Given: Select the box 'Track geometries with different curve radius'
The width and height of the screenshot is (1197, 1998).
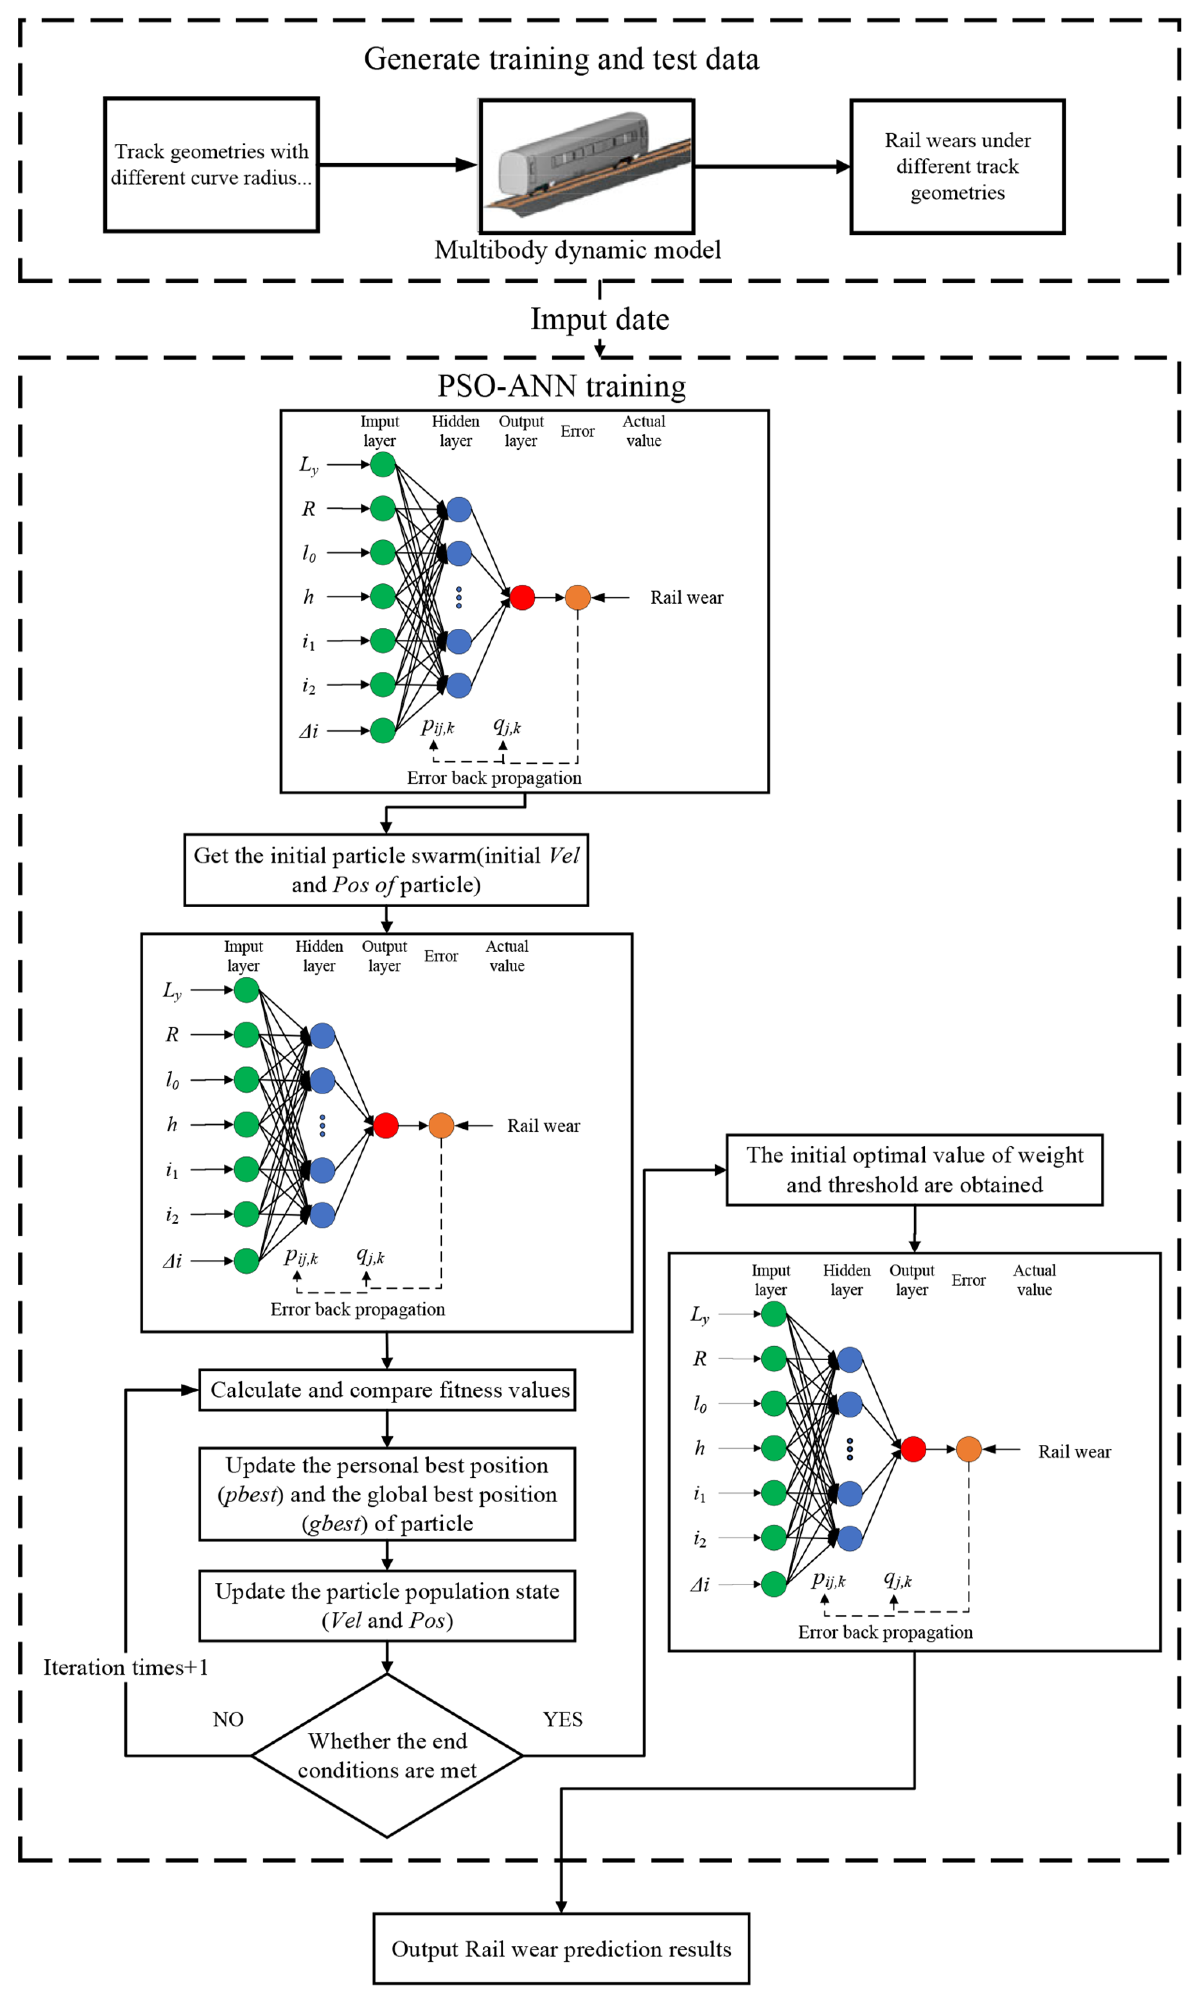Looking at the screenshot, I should pyautogui.click(x=211, y=165).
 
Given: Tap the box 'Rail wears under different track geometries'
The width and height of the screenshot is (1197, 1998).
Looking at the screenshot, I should pyautogui.click(x=958, y=166).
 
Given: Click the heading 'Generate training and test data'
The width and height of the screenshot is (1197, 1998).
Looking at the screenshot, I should pyautogui.click(x=561, y=59).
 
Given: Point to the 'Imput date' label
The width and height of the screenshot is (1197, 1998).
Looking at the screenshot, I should pyautogui.click(x=599, y=319).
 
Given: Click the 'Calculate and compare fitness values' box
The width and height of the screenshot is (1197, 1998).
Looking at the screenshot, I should pyautogui.click(x=387, y=1390).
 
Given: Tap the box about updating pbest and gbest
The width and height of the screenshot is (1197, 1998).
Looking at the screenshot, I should pyautogui.click(x=387, y=1494).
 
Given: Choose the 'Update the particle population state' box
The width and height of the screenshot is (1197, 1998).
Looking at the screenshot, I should pyautogui.click(x=387, y=1605).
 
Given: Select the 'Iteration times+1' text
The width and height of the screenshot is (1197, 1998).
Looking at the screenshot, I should pyautogui.click(x=126, y=1667).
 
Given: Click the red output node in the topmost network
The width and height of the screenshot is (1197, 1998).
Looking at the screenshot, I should pyautogui.click(x=522, y=598).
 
